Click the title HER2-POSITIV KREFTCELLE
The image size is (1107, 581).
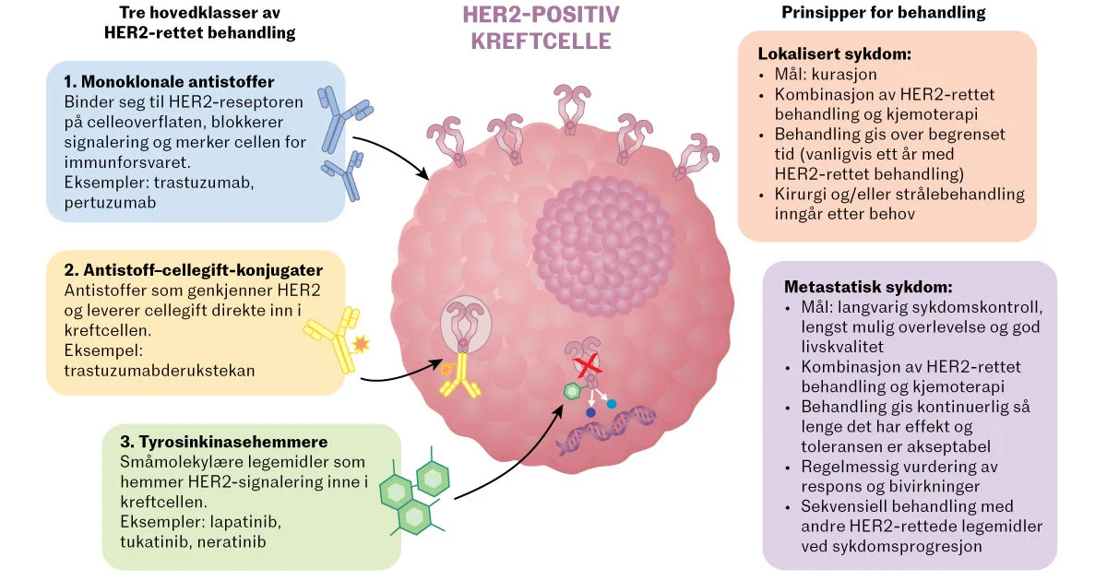pyautogui.click(x=542, y=28)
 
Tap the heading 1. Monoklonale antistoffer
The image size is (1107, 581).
pyautogui.click(x=169, y=81)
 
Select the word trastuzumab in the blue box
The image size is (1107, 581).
pyautogui.click(x=204, y=183)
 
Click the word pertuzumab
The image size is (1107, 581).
pyautogui.click(x=110, y=203)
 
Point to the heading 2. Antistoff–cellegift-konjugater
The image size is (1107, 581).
pyautogui.click(x=193, y=269)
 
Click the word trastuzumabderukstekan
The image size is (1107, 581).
pyautogui.click(x=159, y=371)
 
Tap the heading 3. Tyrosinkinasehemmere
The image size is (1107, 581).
pyautogui.click(x=224, y=441)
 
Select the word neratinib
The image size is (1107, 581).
pyautogui.click(x=232, y=542)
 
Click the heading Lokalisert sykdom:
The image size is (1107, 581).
pyautogui.click(x=834, y=53)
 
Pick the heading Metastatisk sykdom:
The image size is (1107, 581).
pyautogui.click(x=868, y=287)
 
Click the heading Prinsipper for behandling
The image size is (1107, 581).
pyautogui.click(x=883, y=12)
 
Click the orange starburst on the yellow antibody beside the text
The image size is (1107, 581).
pyautogui.click(x=361, y=344)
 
